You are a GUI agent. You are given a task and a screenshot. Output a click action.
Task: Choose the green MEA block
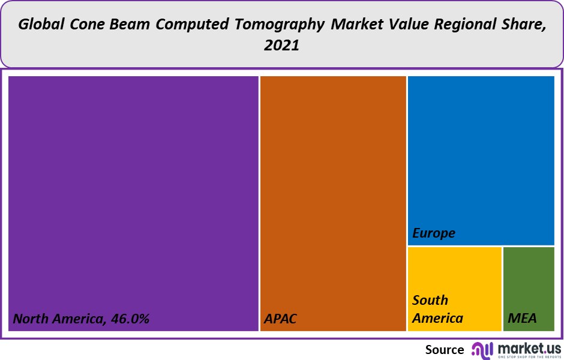click(528, 282)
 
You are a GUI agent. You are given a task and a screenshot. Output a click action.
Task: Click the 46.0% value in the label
click(129, 318)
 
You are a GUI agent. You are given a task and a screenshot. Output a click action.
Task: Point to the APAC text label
click(280, 318)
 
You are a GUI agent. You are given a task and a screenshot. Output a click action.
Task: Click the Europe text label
click(434, 233)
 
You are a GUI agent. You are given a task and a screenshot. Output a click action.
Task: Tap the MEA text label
click(522, 318)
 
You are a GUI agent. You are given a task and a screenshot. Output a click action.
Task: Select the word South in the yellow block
click(430, 300)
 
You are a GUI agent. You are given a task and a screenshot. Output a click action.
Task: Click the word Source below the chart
click(445, 350)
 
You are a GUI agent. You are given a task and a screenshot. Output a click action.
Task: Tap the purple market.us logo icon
click(481, 350)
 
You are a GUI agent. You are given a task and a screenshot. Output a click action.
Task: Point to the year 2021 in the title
click(281, 46)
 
